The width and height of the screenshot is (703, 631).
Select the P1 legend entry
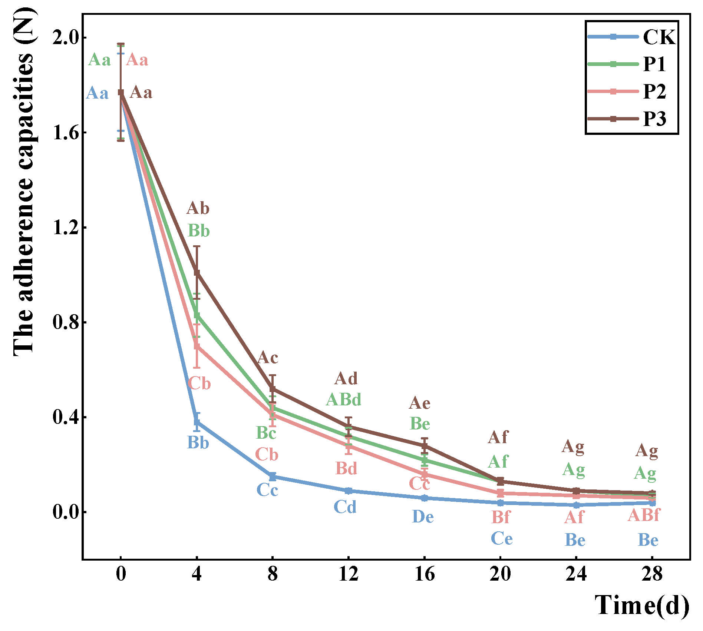coord(627,64)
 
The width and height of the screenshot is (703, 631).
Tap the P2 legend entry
coord(627,91)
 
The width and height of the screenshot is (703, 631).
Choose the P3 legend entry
coord(627,119)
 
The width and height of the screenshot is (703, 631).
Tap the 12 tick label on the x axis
coord(348,574)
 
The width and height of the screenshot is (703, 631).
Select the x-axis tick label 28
coord(652,574)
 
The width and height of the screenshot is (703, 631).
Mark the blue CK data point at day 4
coord(197,422)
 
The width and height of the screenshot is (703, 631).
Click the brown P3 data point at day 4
coord(197,273)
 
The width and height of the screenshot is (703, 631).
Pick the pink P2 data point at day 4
coord(197,346)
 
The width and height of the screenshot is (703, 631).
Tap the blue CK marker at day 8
coord(273,476)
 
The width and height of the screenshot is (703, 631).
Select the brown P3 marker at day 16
coord(425,445)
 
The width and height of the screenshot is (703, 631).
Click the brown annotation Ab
coord(198,208)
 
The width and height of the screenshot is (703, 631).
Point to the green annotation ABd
coord(343,399)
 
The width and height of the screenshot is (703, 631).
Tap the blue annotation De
coord(423,517)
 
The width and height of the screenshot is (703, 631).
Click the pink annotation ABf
coord(644,515)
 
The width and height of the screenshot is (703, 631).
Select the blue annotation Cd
coord(345,507)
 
